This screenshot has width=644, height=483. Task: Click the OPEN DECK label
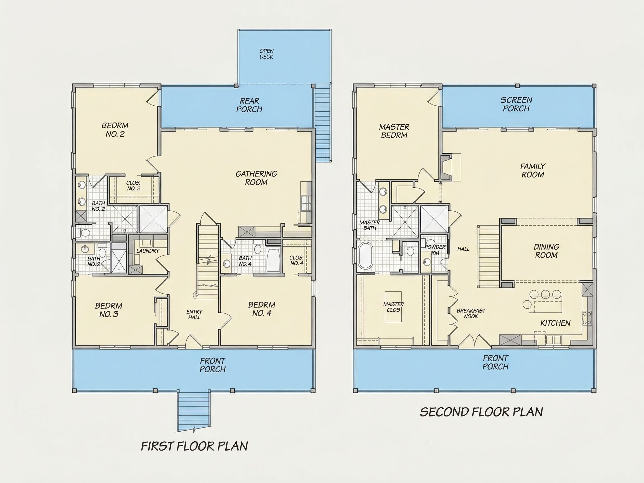(x=266, y=54)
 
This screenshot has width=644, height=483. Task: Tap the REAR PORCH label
(x=249, y=105)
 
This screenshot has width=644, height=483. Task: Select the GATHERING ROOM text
(x=256, y=178)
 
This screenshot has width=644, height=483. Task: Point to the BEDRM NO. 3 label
(x=109, y=310)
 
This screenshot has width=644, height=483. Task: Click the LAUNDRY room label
(x=148, y=251)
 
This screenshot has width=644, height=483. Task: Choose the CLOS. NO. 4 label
(x=296, y=261)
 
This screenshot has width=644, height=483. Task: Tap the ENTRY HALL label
(x=194, y=314)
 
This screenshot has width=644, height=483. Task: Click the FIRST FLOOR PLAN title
(x=194, y=446)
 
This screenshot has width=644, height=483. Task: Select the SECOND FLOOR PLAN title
(x=482, y=412)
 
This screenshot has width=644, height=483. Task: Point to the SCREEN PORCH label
(x=516, y=104)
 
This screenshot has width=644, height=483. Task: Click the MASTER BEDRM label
(x=394, y=131)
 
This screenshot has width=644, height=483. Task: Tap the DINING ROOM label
(x=546, y=251)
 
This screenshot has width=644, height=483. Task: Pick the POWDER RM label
(x=435, y=250)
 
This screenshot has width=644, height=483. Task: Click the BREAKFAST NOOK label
(x=471, y=313)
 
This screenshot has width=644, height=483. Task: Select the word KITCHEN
(x=555, y=323)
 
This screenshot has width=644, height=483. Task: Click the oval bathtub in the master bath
(x=366, y=256)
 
